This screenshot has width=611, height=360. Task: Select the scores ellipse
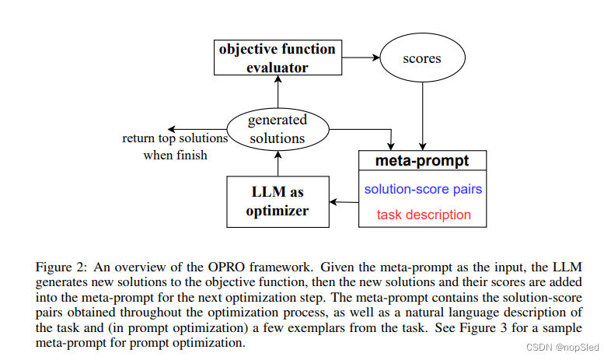422,58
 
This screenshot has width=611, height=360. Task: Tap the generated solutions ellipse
278,129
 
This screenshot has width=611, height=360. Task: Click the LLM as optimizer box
277,201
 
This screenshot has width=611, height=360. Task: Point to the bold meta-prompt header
422,161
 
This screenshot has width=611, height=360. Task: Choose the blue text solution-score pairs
422,189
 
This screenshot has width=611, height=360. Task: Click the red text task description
424,214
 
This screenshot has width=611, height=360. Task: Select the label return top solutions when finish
175,146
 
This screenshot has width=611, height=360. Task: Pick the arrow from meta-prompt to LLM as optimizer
343,201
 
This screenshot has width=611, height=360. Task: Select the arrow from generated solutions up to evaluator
278,92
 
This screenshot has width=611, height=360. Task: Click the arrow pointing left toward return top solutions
197,128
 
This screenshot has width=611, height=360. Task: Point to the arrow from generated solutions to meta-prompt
365,131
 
